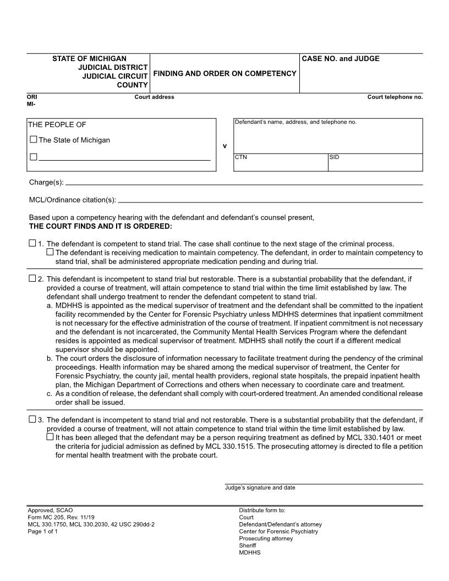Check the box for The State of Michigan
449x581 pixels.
pyautogui.click(x=34, y=140)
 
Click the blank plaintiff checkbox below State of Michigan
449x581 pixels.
pyautogui.click(x=34, y=157)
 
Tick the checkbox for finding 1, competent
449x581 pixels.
pyautogui.click(x=32, y=243)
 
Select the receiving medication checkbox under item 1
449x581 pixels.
pyautogui.click(x=50, y=252)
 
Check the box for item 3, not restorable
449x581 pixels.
pyautogui.click(x=32, y=419)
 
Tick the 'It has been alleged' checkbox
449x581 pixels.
pyautogui.click(x=50, y=437)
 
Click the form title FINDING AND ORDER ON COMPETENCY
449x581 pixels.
pyautogui.click(x=225, y=73)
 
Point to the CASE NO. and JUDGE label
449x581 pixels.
pyautogui.click(x=341, y=59)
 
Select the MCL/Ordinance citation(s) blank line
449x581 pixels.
pyautogui.click(x=270, y=200)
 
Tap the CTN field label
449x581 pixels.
pyautogui.click(x=241, y=157)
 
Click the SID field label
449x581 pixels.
pyautogui.click(x=334, y=157)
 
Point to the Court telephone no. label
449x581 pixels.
pyautogui.click(x=395, y=97)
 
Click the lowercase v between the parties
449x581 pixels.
pyautogui.click(x=224, y=146)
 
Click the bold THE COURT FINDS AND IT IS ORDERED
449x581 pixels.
pyautogui.click(x=100, y=226)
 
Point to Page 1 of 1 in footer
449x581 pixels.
pyautogui.click(x=42, y=531)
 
